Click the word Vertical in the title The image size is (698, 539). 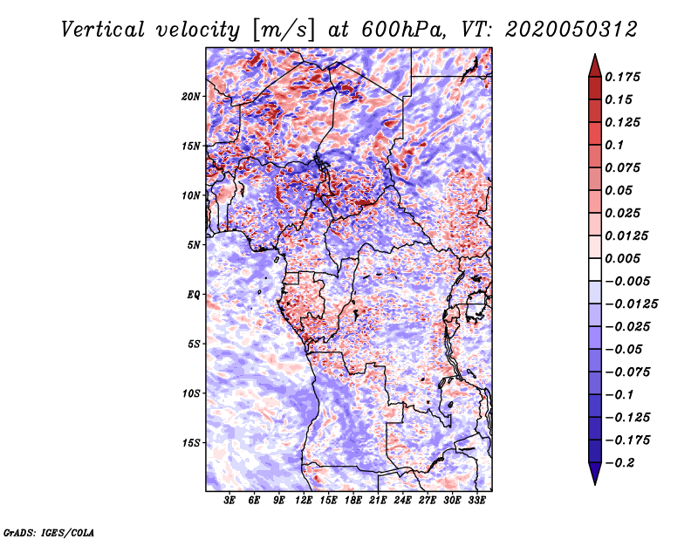103,30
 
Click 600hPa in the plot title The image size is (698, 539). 402,30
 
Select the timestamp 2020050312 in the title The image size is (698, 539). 571,30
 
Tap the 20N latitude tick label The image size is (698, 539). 190,97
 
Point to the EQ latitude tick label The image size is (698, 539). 193,295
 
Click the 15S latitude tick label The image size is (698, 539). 190,443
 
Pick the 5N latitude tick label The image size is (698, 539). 193,245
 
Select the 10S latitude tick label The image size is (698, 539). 190,393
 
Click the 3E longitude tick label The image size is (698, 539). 229,500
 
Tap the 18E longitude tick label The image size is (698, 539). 353,500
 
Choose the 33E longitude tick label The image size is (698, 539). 476,500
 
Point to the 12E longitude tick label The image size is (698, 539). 304,500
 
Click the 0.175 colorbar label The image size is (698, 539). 622,77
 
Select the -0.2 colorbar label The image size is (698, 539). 619,463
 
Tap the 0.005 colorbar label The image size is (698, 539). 622,258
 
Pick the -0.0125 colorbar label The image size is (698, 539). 631,304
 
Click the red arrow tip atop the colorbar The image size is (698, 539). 595,54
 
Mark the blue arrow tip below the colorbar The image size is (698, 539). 595,484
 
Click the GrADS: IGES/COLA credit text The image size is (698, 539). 49,532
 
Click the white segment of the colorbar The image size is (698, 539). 595,269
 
